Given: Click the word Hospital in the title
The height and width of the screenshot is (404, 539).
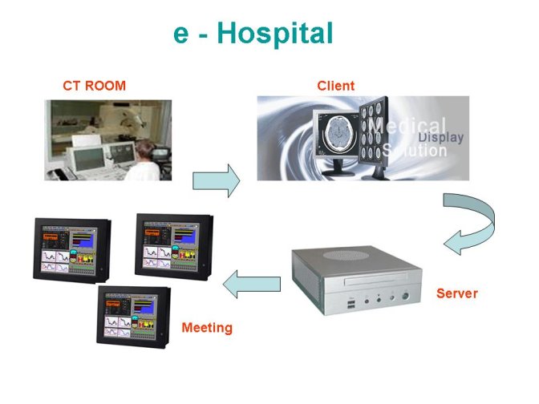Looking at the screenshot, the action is pyautogui.click(x=275, y=34).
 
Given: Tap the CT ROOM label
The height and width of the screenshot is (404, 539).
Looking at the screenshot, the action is pyautogui.click(x=94, y=86).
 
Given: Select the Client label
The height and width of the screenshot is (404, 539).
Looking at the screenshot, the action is pyautogui.click(x=335, y=86).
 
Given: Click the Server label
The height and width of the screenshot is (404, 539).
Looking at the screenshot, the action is pyautogui.click(x=457, y=293).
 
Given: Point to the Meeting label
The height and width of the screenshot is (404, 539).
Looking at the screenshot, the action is pyautogui.click(x=207, y=327).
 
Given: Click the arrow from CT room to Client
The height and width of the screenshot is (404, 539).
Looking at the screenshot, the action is pyautogui.click(x=217, y=180).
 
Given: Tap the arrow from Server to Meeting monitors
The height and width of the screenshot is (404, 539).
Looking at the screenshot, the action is pyautogui.click(x=252, y=284).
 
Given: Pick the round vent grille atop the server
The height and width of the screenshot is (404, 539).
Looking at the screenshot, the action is pyautogui.click(x=346, y=255).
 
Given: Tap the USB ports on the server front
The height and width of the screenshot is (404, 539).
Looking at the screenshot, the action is pyautogui.click(x=351, y=304).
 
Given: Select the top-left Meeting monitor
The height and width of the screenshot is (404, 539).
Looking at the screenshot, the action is pyautogui.click(x=72, y=250).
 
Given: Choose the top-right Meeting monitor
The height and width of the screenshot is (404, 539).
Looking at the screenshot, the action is pyautogui.click(x=174, y=246).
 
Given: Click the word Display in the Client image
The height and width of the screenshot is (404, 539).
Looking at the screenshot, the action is pyautogui.click(x=440, y=138).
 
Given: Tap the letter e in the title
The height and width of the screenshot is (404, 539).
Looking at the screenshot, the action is pyautogui.click(x=181, y=34).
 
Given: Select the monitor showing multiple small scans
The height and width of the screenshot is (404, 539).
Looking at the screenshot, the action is pyautogui.click(x=374, y=137).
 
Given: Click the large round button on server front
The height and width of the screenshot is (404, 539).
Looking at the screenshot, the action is pyautogui.click(x=405, y=296).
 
